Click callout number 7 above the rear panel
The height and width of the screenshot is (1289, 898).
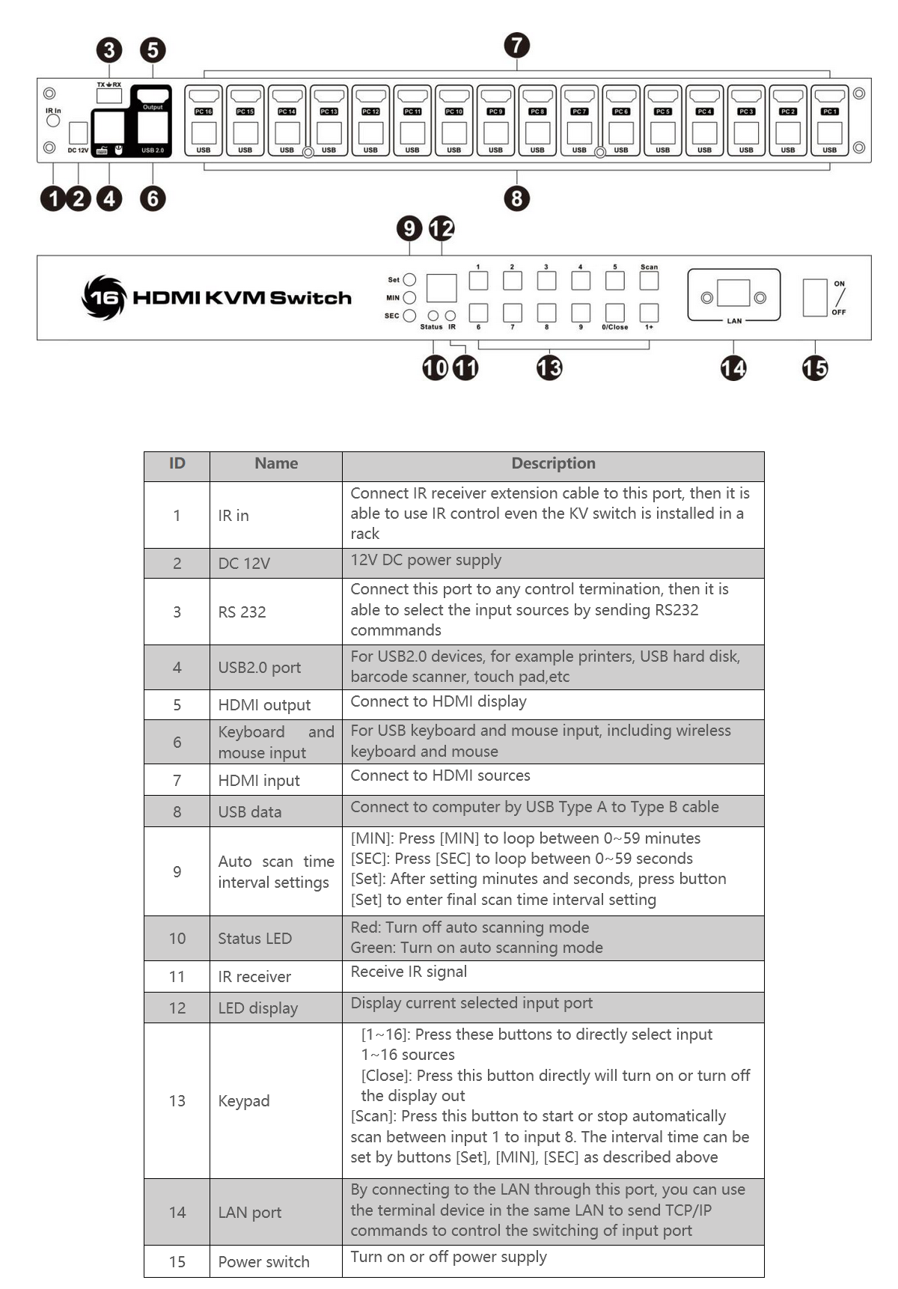click(516, 45)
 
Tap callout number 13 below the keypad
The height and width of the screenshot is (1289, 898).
click(549, 368)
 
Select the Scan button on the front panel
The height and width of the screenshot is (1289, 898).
click(649, 280)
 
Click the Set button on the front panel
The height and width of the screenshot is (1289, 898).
click(409, 280)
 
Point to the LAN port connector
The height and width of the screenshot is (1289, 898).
click(733, 293)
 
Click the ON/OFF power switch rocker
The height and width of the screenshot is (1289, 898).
click(814, 297)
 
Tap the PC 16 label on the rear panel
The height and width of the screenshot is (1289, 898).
click(204, 112)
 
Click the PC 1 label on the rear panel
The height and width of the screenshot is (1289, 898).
click(829, 112)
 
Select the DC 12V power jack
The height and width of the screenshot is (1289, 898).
click(78, 133)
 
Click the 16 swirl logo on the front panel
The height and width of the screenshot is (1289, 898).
click(103, 298)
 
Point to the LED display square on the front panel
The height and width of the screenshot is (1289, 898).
click(442, 288)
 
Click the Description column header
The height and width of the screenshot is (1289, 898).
click(553, 464)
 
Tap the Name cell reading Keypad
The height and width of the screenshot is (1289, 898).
click(244, 1101)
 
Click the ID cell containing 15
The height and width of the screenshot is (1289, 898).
click(177, 1262)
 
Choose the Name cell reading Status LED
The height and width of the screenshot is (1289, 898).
click(254, 939)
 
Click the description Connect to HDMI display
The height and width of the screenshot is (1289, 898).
click(439, 702)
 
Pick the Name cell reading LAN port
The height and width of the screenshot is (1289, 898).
click(249, 1213)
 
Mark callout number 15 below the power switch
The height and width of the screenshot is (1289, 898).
click(815, 368)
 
